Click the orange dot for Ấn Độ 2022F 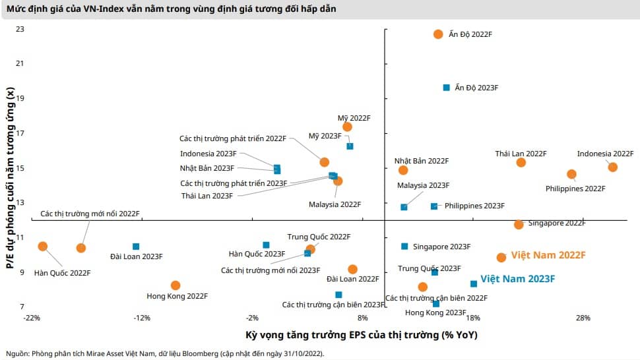438,34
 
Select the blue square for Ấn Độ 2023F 447,88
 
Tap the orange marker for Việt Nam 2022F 501,257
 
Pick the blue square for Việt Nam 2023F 474,284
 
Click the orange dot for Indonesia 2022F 612,167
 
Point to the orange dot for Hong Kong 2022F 176,285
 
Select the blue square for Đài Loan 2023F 136,247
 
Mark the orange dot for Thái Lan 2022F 521,163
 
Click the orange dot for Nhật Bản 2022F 403,170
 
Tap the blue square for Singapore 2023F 404,246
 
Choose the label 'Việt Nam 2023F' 517,279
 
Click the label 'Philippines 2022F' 575,189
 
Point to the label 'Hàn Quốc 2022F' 62,273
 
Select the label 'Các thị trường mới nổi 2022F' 90,214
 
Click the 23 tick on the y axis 20,29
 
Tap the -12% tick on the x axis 142,318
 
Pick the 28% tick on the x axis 583,318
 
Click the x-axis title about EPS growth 361,335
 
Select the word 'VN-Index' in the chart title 104,9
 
